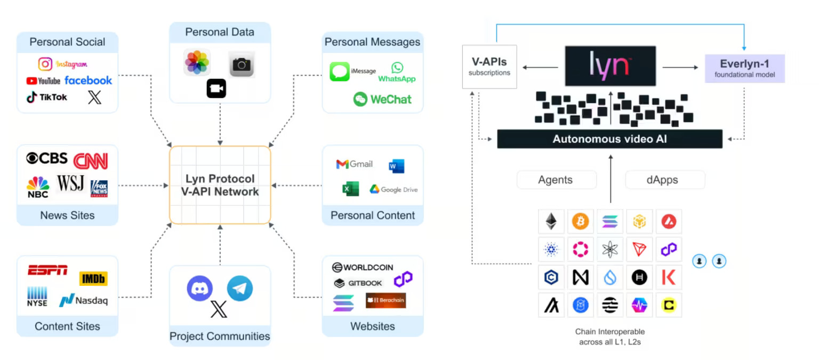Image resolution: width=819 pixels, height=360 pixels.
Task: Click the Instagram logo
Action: pos(62,64)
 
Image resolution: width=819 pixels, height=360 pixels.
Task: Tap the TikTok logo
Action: pos(47,97)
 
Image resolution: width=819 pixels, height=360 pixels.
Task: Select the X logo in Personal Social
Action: pos(94,97)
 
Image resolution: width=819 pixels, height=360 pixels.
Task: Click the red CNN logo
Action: pos(91,161)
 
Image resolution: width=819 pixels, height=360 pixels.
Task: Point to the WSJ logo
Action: pos(70,183)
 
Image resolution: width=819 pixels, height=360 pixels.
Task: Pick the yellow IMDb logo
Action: pos(93,278)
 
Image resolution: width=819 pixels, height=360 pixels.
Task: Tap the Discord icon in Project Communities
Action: pos(199,289)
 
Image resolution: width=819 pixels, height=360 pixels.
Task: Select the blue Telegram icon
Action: pos(239,289)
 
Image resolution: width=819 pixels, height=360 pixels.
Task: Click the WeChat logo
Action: pos(382,99)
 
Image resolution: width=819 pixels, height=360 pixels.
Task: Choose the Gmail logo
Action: pos(354,164)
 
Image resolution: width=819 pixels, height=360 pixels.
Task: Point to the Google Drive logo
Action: pos(394,189)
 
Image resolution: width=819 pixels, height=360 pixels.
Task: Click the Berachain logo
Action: pos(386,300)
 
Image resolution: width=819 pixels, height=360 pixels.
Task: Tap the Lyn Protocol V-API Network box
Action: pos(220,185)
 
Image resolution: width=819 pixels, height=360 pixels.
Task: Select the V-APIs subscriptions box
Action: pos(489,67)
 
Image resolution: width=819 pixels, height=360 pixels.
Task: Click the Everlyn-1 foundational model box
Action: pos(745,68)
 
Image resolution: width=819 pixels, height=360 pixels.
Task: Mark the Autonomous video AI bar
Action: pos(609,139)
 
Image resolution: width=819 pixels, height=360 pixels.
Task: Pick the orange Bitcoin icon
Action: pos(580,221)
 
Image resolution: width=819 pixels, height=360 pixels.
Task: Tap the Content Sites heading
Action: pos(67,326)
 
